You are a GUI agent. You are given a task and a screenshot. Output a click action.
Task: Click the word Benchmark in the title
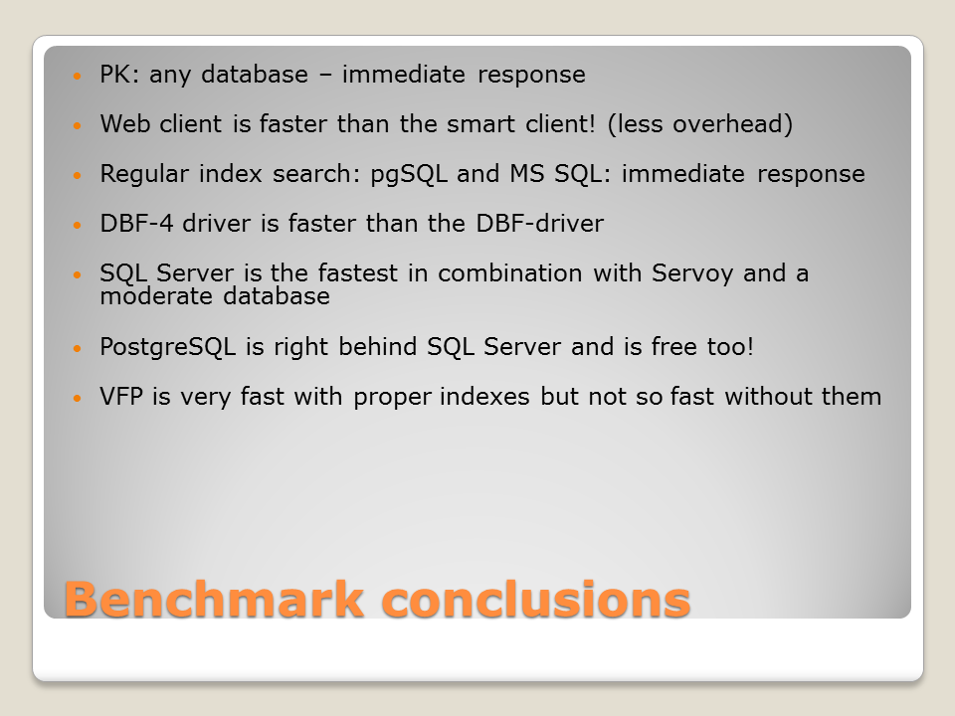point(215,599)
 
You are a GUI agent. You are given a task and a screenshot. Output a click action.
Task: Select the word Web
point(124,123)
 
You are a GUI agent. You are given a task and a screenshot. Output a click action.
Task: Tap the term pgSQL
point(409,175)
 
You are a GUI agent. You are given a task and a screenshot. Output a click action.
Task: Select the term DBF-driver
point(539,224)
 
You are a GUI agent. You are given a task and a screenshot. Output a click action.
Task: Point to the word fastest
point(357,272)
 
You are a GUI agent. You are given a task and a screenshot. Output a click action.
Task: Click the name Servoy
point(692,274)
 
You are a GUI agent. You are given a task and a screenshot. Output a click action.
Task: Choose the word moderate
point(156,296)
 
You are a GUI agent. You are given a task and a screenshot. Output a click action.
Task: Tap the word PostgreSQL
point(167,348)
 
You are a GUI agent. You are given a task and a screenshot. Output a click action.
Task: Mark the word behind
point(378,346)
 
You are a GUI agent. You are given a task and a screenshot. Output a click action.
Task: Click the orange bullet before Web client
point(77,125)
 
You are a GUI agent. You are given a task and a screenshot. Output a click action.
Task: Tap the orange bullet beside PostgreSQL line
point(77,348)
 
